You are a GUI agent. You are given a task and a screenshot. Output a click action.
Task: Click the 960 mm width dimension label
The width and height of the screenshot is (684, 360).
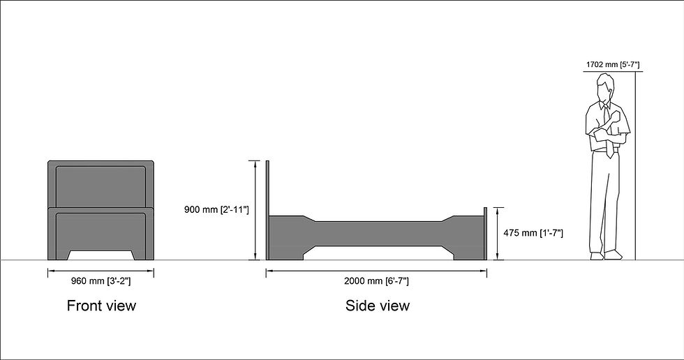[101, 281]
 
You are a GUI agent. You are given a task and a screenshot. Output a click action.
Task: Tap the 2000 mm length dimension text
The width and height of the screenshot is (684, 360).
[376, 281]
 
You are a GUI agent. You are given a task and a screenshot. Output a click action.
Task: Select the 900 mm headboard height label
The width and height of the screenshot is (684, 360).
[216, 209]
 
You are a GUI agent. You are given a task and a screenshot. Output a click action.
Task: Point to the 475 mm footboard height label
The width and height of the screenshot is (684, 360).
[533, 233]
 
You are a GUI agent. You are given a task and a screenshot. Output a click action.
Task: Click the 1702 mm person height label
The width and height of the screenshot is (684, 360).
[613, 64]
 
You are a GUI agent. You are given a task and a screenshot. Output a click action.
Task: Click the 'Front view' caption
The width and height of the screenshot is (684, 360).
[101, 306]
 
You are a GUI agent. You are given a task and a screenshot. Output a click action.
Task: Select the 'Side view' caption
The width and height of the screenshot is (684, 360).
[378, 306]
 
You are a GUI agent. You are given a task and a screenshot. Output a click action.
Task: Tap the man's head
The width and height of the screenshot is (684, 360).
[605, 88]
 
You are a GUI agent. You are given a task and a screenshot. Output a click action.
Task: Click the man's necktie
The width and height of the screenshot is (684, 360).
[608, 130]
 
